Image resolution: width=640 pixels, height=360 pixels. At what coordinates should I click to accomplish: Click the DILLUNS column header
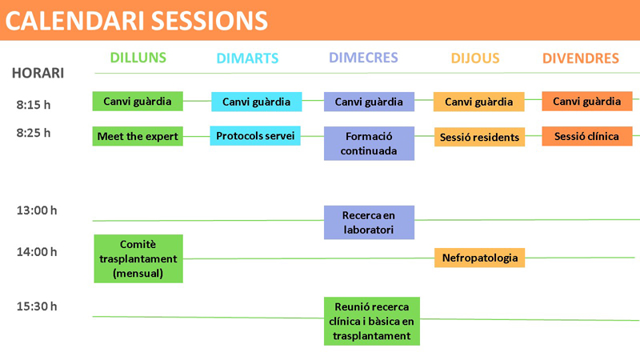[x=138, y=58]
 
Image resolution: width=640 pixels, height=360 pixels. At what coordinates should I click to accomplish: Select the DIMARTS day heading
[x=247, y=58]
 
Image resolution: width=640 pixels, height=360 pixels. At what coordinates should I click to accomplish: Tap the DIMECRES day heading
[x=363, y=58]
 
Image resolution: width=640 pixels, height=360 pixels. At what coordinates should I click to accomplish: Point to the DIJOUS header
[x=475, y=58]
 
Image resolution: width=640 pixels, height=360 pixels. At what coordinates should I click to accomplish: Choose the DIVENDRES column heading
[x=581, y=58]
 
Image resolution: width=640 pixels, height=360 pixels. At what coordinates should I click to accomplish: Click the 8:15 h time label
[x=34, y=105]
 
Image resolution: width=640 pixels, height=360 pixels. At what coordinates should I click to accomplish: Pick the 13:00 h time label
[x=37, y=210]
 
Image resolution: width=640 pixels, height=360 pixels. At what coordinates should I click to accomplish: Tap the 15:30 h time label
[x=37, y=306]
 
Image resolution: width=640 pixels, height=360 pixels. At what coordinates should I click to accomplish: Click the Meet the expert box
[x=138, y=136]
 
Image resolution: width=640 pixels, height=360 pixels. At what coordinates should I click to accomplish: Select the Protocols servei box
[x=255, y=135]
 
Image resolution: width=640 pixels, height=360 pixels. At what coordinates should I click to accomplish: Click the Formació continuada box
[x=369, y=143]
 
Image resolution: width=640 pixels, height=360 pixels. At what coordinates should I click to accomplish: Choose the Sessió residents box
[x=479, y=137]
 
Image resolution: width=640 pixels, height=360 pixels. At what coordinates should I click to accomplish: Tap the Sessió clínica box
[x=587, y=136]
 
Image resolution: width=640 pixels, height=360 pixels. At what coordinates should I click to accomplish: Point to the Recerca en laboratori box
[x=369, y=222]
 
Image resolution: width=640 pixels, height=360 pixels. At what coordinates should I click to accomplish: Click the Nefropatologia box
[x=479, y=258]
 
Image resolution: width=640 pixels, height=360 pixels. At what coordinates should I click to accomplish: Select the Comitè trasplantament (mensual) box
[x=138, y=258]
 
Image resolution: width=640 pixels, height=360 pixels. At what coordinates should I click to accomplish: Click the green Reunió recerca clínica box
[x=372, y=322]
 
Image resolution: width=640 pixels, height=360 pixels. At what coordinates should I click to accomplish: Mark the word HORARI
[x=38, y=73]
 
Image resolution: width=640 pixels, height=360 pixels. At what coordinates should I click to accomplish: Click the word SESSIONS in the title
[x=210, y=21]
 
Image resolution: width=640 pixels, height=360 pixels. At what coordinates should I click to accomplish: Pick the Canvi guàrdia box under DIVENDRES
[x=587, y=102]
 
